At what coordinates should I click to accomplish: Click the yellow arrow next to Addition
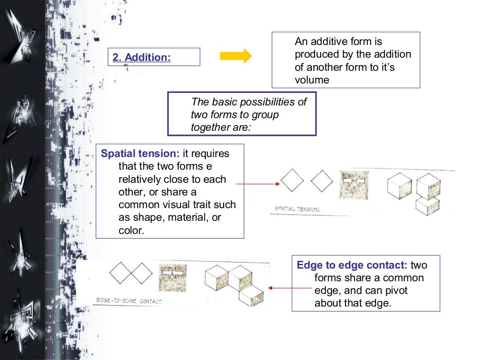point(236,56)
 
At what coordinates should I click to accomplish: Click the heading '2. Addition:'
point(142,57)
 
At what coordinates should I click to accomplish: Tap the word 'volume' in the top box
point(312,80)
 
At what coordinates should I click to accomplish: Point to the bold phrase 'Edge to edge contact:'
point(352,265)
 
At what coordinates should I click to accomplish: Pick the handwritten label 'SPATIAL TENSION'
point(297,209)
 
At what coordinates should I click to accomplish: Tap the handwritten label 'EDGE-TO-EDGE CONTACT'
point(128,300)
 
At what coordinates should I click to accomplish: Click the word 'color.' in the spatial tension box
point(131,231)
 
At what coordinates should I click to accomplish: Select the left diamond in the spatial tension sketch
point(292,180)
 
